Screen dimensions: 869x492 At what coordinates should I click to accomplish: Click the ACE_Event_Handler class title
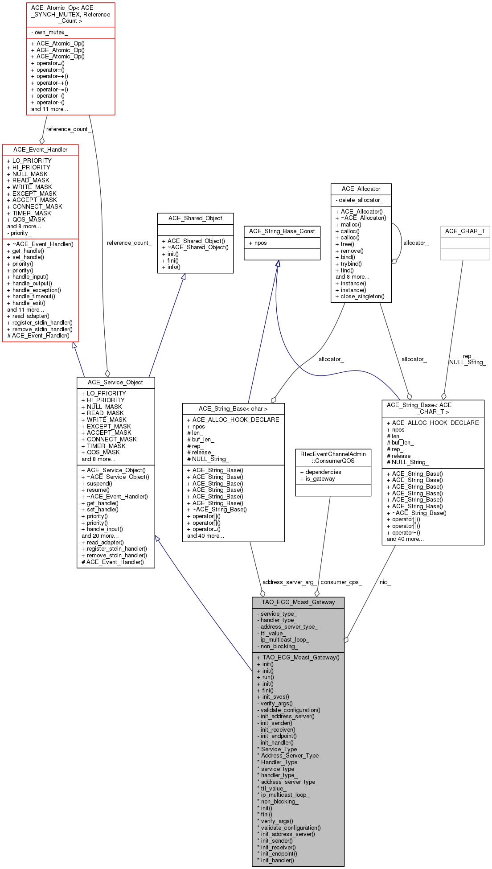coord(41,150)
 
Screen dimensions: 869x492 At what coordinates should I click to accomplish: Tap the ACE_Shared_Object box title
coord(195,218)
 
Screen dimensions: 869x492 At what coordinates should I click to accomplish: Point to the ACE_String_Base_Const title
coord(282,231)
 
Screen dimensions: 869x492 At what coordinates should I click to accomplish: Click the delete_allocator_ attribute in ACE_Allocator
coord(361,200)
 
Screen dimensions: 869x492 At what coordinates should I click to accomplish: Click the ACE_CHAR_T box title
coord(465,231)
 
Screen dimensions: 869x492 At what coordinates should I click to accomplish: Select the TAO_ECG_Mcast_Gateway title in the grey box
coord(298,602)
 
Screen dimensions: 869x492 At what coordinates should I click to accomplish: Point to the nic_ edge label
coord(385,582)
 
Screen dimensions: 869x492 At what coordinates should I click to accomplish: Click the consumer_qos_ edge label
coord(341,582)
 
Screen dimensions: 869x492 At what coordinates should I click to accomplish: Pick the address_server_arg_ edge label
coord(289,582)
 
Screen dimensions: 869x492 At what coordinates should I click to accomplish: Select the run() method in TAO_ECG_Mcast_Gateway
coord(268,677)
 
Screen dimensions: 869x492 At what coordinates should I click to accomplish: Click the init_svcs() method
coord(275,697)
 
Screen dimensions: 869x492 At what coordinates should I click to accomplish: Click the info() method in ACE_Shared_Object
coord(174,267)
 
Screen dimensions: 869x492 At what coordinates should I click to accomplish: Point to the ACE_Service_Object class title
coord(115,383)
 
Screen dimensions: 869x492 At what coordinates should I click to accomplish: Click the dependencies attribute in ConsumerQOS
coord(323,472)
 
